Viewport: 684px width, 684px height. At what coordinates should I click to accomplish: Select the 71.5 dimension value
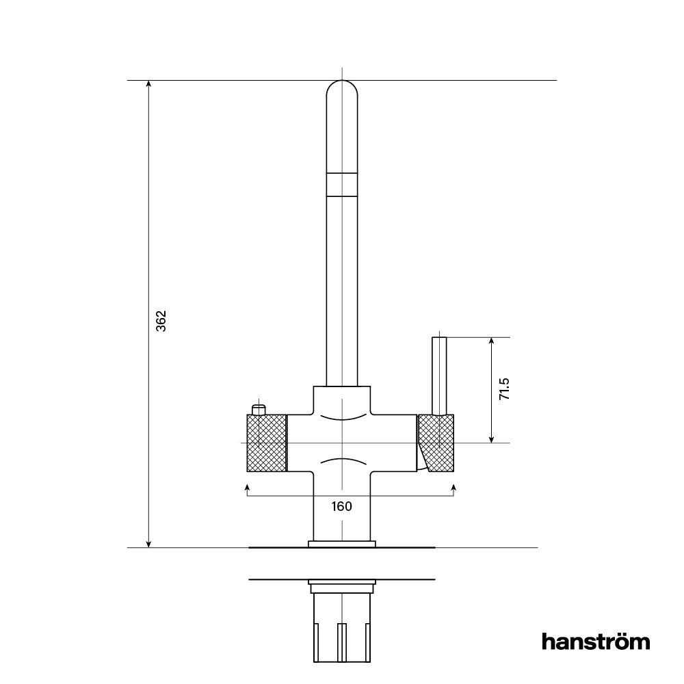(504, 389)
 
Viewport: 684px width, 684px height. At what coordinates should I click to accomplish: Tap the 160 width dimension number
(341, 506)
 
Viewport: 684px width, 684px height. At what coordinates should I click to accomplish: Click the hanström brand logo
(595, 642)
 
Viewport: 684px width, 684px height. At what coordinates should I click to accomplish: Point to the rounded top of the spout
(342, 92)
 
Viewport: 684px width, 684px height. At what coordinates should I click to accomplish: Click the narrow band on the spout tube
(342, 185)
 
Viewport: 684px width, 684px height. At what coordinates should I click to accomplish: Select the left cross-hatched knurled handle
(266, 443)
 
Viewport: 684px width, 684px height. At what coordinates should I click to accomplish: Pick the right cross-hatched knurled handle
(438, 443)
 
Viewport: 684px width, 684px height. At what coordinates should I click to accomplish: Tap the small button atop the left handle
(258, 409)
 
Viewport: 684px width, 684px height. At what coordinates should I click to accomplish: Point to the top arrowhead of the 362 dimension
(148, 84)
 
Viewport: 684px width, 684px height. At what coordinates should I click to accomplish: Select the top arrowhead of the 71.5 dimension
(491, 341)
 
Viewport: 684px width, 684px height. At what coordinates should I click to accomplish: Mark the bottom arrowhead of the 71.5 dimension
(491, 439)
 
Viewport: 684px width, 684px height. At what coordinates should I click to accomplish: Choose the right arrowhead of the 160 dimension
(454, 486)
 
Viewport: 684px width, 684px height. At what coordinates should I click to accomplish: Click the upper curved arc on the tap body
(342, 417)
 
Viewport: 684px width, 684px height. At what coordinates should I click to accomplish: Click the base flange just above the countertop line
(342, 544)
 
